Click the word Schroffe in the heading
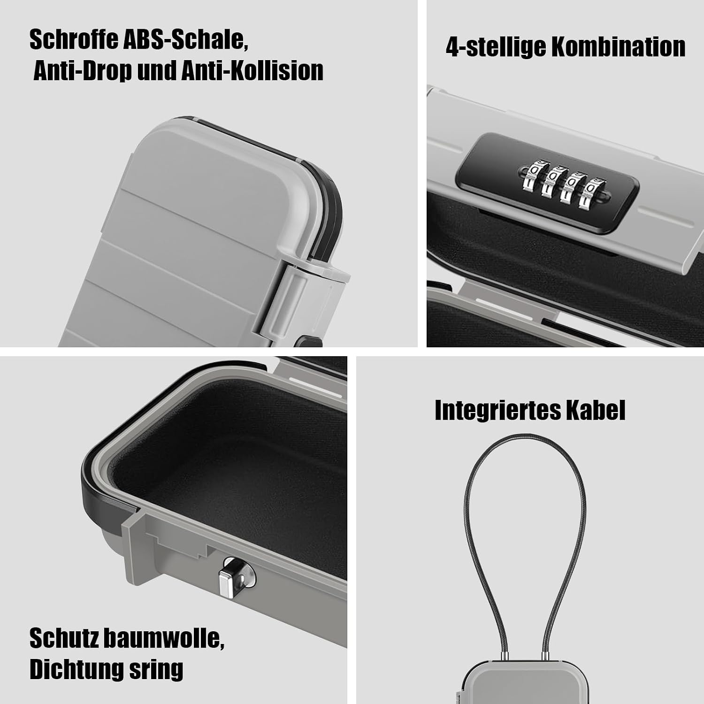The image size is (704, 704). [73, 39]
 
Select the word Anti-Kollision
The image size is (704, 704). [253, 71]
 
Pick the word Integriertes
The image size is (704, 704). [497, 411]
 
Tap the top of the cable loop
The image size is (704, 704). [525, 444]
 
